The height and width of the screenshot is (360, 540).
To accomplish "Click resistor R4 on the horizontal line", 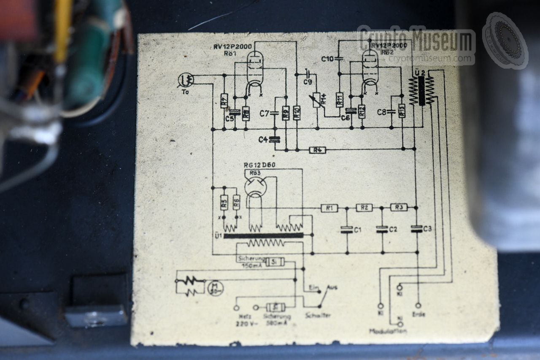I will point(317,149).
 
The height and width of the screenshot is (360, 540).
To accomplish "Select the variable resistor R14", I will point(317,100).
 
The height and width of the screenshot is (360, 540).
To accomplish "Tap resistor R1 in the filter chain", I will point(329,208).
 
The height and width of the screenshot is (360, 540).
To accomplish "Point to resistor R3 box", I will point(399,207).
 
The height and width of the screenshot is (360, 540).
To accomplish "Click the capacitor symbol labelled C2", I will point(382,229).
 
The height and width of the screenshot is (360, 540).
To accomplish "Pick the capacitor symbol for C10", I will point(340,58).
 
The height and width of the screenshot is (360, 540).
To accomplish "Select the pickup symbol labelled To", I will point(186,78).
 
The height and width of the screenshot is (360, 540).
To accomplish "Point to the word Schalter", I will point(319,315).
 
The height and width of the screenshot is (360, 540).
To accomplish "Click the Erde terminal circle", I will point(418,305).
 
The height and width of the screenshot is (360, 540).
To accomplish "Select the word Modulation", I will point(388,331).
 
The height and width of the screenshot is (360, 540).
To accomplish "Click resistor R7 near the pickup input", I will point(224,100).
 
